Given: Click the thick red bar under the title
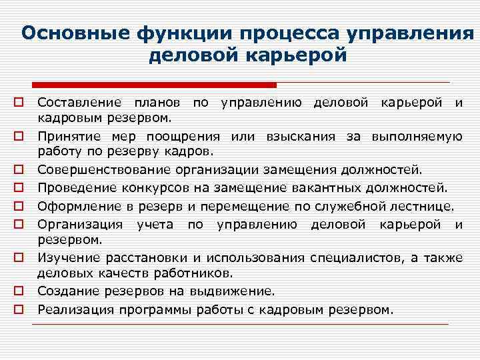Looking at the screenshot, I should [154, 85].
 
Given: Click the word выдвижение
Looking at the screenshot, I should [235, 291].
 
